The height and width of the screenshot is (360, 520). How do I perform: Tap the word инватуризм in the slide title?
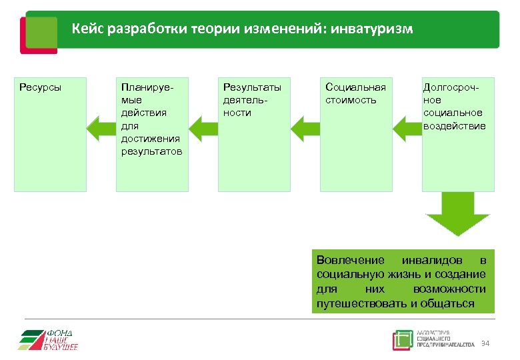374,29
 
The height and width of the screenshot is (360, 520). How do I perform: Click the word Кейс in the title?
88,29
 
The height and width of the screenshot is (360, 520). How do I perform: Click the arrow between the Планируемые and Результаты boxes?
203,127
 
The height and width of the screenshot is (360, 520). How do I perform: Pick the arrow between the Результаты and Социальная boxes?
305,127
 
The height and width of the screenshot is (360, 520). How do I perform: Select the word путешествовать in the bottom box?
361,303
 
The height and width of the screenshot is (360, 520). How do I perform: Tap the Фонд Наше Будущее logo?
49,339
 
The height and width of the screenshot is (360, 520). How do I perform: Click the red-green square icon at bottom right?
403,340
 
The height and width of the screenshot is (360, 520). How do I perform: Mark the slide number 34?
485,343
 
